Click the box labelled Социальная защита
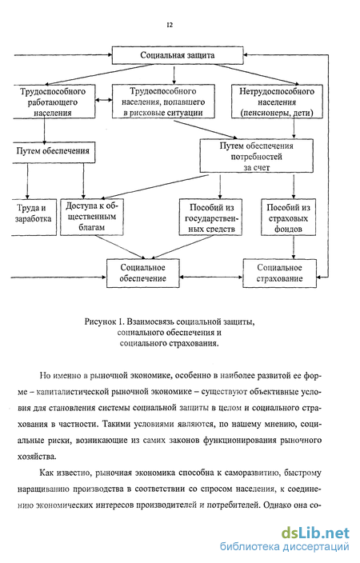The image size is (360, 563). pos(178,55)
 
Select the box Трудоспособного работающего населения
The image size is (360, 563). pos(54,102)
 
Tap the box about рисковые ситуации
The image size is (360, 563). pos(163,102)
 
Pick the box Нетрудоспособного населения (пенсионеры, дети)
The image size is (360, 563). pos(277,102)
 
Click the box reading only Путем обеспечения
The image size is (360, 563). pos(54,152)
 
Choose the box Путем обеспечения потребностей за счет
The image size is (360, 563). pos(257,156)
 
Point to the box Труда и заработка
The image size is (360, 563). pos(34,218)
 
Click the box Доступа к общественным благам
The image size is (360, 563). pos(92,218)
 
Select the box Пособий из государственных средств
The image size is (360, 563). pos(210,218)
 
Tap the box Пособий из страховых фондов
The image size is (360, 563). pos(288,218)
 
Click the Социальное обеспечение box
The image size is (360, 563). pos(142,273)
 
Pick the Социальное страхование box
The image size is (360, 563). pos(279,273)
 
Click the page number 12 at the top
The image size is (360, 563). pos(170,25)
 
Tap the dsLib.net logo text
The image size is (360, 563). pos(315,533)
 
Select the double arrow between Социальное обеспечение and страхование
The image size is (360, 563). pos(211,278)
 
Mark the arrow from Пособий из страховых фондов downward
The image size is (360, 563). pos(294,247)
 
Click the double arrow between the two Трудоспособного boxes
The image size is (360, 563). pos(104,100)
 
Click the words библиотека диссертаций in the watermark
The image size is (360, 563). pos(284,547)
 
